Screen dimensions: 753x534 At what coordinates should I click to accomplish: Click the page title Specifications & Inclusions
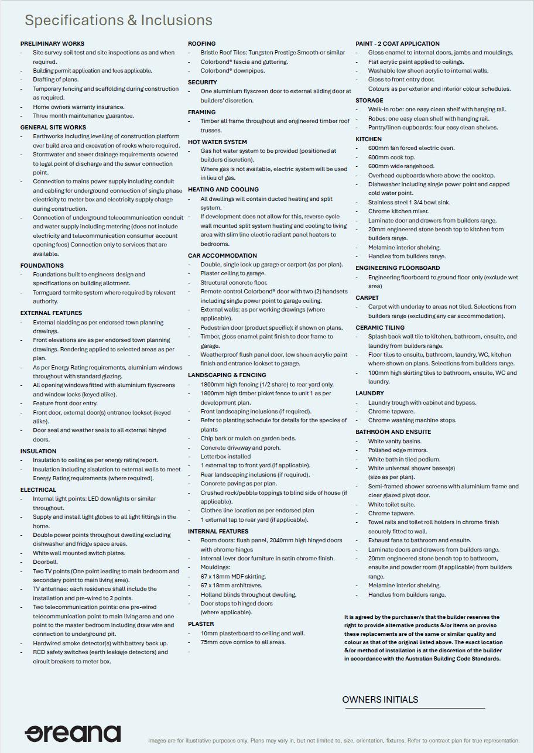pyautogui.click(x=118, y=20)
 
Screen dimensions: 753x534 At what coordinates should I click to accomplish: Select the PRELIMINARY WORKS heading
pyautogui.click(x=52, y=43)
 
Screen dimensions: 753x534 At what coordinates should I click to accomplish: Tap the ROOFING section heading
pyautogui.click(x=201, y=43)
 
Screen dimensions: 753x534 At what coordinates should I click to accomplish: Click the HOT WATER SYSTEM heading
pyautogui.click(x=217, y=142)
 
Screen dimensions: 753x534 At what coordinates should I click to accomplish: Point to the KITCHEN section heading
pyautogui.click(x=368, y=139)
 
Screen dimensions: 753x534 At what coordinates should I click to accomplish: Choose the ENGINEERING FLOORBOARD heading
pyautogui.click(x=398, y=268)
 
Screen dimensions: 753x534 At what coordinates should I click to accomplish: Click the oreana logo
pyautogui.click(x=73, y=733)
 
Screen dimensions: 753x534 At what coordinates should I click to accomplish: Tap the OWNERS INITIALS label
pyautogui.click(x=380, y=699)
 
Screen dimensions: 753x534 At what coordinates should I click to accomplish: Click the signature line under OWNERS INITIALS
pyautogui.click(x=414, y=708)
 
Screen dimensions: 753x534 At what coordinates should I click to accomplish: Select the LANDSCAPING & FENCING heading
pyautogui.click(x=227, y=375)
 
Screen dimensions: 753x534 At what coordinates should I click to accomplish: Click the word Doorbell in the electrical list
pyautogui.click(x=45, y=562)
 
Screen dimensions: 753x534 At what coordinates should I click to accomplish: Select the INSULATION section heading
pyautogui.click(x=38, y=451)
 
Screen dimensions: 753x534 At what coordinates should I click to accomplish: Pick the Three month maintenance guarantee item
pyautogui.click(x=83, y=116)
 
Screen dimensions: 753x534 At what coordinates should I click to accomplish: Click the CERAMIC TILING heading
pyautogui.click(x=379, y=328)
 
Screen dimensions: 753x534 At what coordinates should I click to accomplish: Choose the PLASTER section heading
pyautogui.click(x=201, y=624)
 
